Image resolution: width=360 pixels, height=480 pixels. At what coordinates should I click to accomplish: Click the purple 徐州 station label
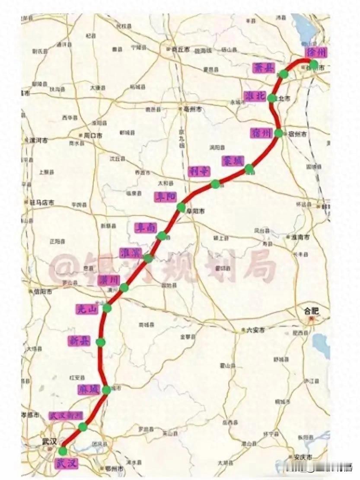(x=315, y=52)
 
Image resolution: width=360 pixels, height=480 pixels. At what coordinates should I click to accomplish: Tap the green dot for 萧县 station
(x=284, y=74)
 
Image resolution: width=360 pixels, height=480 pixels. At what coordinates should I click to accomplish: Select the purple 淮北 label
(x=255, y=96)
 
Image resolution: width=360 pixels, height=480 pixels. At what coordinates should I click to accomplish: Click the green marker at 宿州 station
(x=279, y=133)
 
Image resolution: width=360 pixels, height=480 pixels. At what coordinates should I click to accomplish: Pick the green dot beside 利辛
(x=215, y=185)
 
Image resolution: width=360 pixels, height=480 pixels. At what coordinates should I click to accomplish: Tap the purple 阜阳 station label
(x=165, y=196)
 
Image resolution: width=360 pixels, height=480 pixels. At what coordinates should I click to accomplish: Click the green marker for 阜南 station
(x=162, y=236)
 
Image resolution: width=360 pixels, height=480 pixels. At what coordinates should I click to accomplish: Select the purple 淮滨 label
(x=131, y=253)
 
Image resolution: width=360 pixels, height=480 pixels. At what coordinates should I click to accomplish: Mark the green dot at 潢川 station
(x=124, y=288)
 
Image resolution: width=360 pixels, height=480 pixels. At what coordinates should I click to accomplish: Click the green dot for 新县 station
(x=101, y=342)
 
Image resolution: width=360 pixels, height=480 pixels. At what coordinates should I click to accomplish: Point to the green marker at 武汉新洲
(x=83, y=427)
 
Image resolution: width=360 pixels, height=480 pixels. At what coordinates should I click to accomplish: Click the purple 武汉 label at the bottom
(x=67, y=464)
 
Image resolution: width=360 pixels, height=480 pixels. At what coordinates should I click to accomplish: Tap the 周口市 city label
(x=93, y=135)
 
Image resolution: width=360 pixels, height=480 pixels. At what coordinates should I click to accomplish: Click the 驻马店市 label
(x=41, y=202)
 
